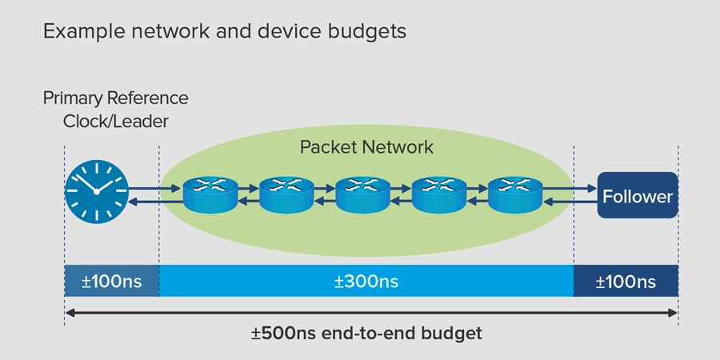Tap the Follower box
coord(638,195)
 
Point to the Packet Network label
coord(366,147)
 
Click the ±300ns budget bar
coord(366,282)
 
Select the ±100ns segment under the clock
coord(111,282)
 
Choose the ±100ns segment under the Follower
coord(626,282)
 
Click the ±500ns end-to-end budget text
coord(366,333)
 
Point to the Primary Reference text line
coord(115,98)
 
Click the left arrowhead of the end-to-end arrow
coord(70,311)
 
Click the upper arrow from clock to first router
coord(154,190)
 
